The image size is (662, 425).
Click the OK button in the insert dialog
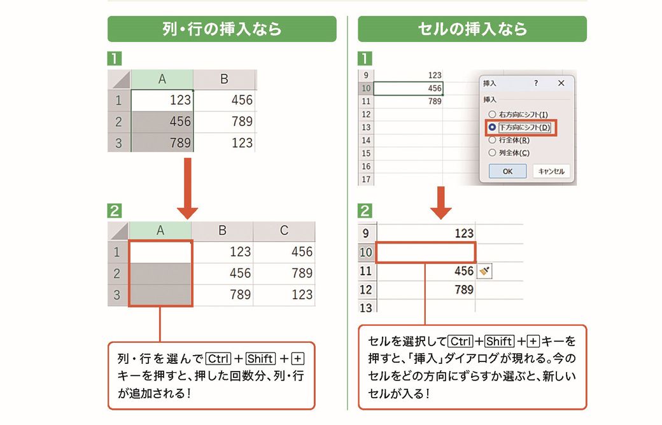click(x=507, y=171)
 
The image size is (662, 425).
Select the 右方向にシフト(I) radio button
click(x=492, y=115)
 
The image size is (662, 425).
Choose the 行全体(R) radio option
click(x=492, y=140)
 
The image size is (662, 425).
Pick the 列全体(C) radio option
click(x=492, y=153)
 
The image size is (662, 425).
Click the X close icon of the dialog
click(x=561, y=83)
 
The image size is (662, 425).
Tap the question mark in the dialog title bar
click(x=536, y=83)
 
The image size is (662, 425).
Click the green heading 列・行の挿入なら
click(x=222, y=29)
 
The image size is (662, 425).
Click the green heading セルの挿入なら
click(x=472, y=29)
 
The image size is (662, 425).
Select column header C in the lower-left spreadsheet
click(x=284, y=230)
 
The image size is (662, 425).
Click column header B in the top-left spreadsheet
click(x=224, y=79)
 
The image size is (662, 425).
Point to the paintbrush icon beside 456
click(x=484, y=271)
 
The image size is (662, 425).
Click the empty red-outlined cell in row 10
click(x=426, y=253)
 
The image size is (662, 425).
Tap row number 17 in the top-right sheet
click(x=366, y=179)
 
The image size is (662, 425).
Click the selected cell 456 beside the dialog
click(x=408, y=88)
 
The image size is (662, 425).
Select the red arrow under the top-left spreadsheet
click(x=187, y=188)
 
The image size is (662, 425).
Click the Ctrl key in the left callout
click(x=218, y=359)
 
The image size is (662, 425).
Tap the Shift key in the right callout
click(x=500, y=341)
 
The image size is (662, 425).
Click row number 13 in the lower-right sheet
click(x=366, y=307)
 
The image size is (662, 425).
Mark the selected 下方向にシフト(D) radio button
click(x=492, y=127)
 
